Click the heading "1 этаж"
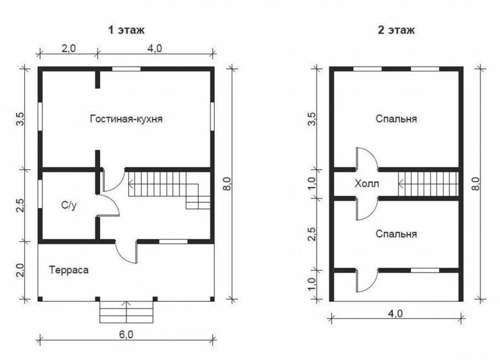coord(126,30)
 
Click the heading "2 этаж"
coord(396,30)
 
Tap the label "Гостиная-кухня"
coord(126,118)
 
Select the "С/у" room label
coord(69,205)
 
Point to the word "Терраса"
coord(69,270)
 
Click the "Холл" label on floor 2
coord(367,184)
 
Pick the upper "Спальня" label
coord(396,119)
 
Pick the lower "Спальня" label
coord(396,234)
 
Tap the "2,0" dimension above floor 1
coord(68,48)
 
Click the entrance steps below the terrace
coord(126,312)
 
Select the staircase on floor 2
coord(428,183)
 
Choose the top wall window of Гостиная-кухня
coord(126,69)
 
